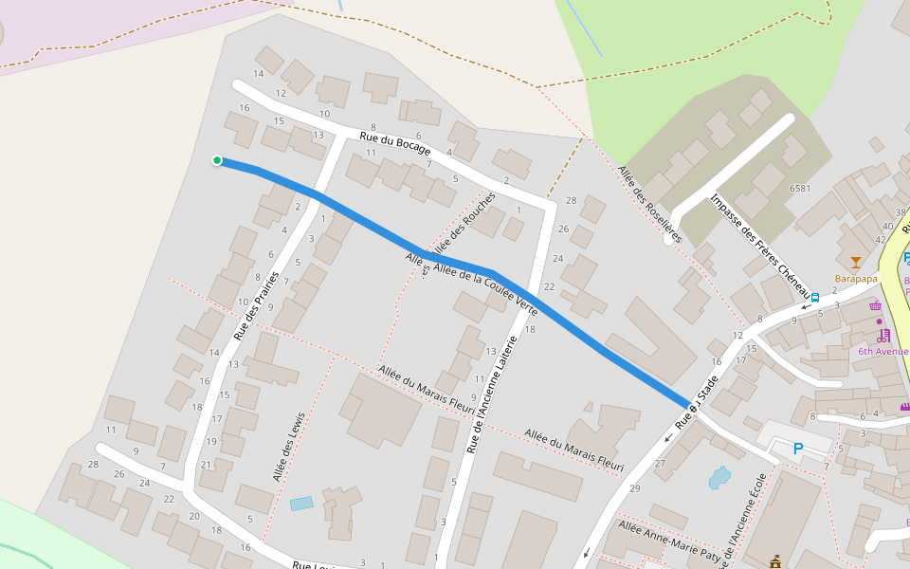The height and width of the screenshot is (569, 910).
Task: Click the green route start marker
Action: [x=217, y=160]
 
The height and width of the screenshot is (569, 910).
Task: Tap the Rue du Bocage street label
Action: [x=395, y=144]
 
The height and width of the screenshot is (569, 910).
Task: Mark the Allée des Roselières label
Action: [x=649, y=198]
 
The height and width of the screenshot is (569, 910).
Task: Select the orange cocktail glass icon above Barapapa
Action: [x=856, y=263]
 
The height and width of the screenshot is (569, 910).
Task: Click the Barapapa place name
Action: [x=856, y=279]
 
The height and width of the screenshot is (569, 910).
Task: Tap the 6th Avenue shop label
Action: [x=883, y=351]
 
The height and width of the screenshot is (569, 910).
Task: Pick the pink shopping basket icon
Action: [x=875, y=305]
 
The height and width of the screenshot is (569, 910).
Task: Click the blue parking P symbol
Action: [x=797, y=449]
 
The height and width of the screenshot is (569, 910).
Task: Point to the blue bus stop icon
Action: [x=815, y=297]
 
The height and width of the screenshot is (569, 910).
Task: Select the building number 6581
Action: [x=800, y=188]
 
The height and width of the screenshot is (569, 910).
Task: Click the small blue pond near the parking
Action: [x=719, y=477]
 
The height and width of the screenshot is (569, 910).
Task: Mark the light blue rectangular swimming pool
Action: [x=301, y=504]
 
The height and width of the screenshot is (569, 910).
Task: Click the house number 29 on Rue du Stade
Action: [x=634, y=487]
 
